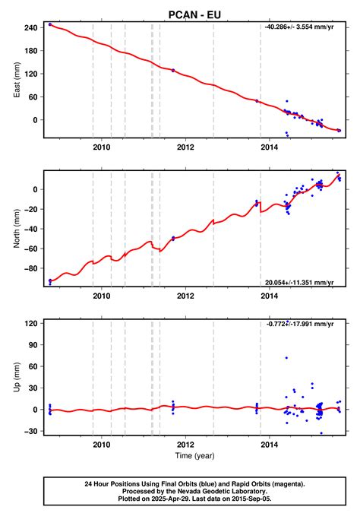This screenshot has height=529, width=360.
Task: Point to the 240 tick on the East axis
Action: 32,27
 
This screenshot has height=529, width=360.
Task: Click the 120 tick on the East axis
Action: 32,74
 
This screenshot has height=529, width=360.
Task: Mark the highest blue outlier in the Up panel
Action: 286,357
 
